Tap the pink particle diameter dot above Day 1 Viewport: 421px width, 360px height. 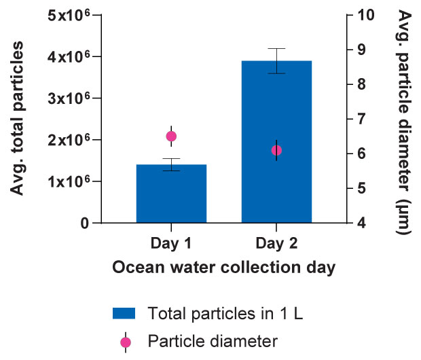[x=171, y=136]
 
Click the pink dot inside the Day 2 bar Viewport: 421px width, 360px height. [x=276, y=150]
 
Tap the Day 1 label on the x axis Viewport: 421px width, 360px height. [x=171, y=242]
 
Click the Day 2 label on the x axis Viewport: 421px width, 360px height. [x=276, y=242]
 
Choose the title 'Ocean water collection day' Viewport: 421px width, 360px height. [x=223, y=268]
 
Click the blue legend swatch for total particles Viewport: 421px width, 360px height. [x=124, y=313]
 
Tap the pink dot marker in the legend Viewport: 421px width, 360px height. [x=124, y=340]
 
